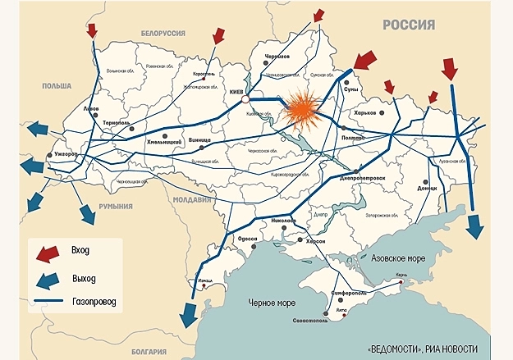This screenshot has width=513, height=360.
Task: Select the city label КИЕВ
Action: (x=239, y=92)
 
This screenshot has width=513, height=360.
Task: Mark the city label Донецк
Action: (x=427, y=188)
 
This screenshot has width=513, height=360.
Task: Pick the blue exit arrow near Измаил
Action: (x=188, y=312)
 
